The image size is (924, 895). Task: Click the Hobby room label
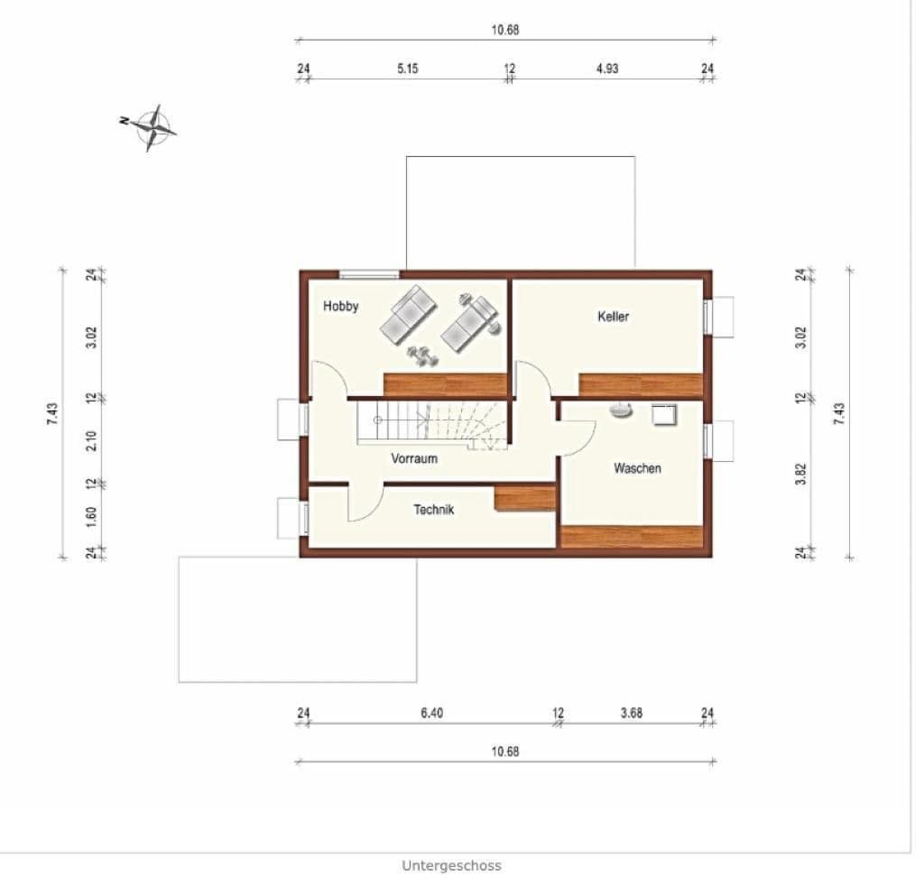(341, 306)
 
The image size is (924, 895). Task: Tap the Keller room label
(613, 317)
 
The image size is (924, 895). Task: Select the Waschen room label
(637, 468)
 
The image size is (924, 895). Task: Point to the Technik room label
(434, 510)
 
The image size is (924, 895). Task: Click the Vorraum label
(414, 458)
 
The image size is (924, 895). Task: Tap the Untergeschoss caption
(451, 865)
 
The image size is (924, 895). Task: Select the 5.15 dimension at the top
(408, 69)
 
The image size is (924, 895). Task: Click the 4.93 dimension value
(607, 69)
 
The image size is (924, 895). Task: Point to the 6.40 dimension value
(431, 713)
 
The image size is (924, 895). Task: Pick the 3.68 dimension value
(632, 713)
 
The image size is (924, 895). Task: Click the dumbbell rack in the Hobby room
(420, 355)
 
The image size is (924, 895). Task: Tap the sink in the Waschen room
(620, 411)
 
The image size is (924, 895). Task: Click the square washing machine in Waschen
(667, 413)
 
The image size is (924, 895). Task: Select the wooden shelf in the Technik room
(524, 499)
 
